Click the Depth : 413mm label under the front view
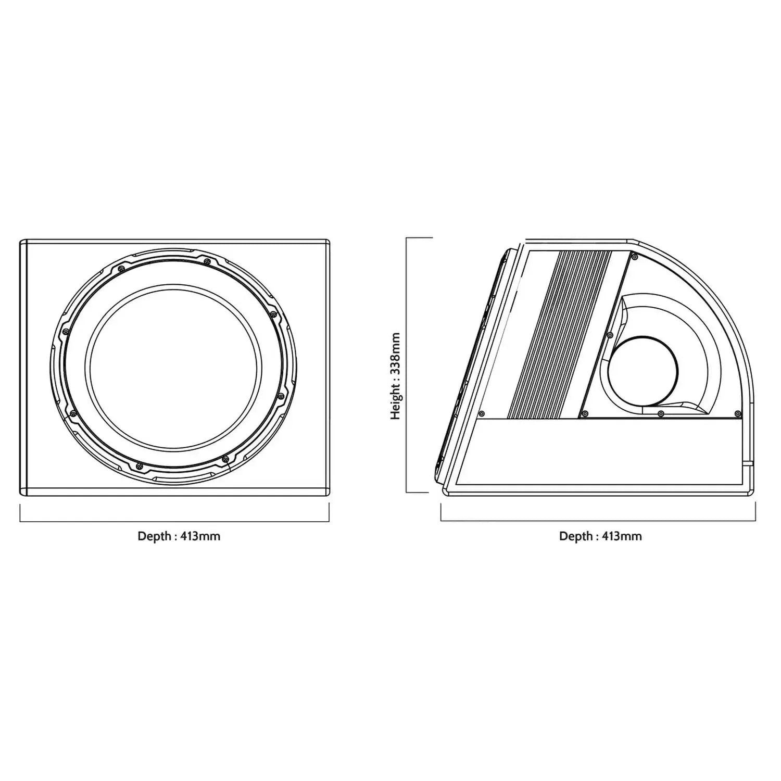click(179, 536)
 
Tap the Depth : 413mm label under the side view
click(600, 536)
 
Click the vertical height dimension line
click(406, 364)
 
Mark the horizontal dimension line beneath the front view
click(174, 521)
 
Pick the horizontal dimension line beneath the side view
click(599, 521)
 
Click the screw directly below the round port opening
click(660, 413)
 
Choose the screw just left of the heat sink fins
click(482, 414)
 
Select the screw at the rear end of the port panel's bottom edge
click(738, 413)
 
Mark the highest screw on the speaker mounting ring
click(207, 261)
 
